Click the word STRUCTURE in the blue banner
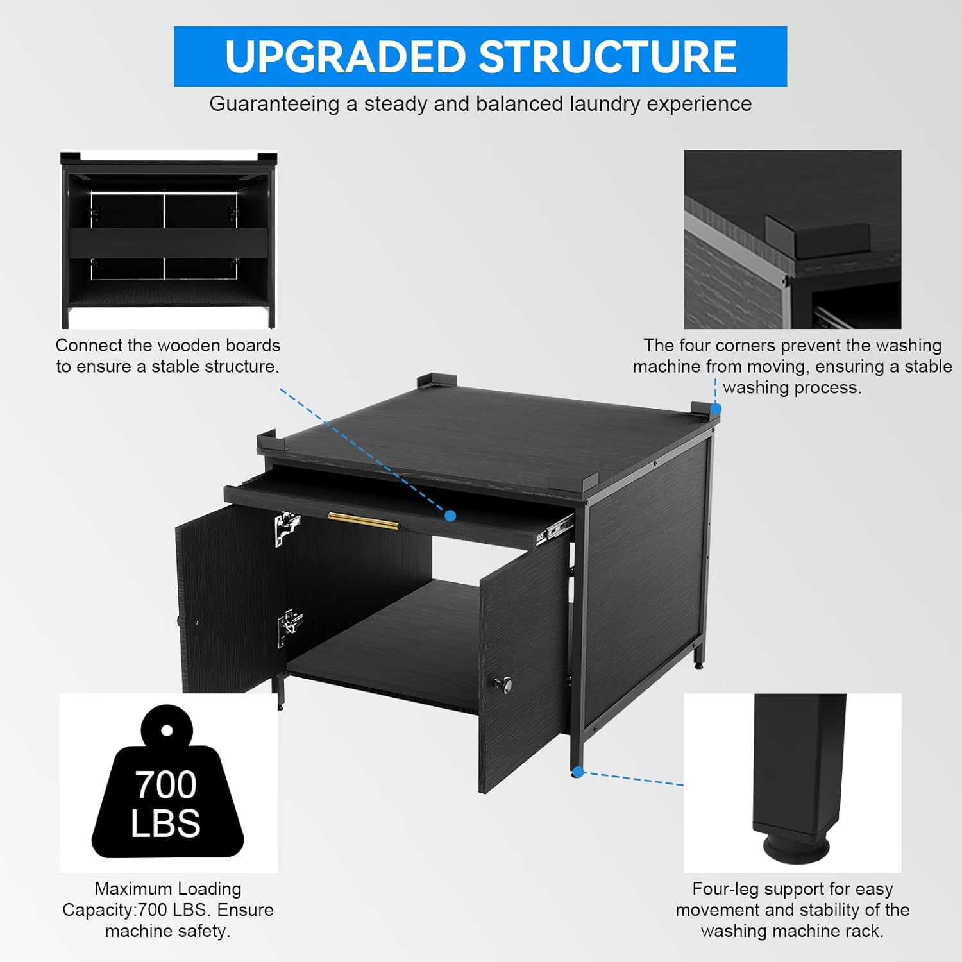(x=607, y=56)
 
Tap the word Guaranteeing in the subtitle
(x=274, y=104)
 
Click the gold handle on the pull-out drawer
(x=363, y=521)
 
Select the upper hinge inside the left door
(x=287, y=527)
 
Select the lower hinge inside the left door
(x=289, y=625)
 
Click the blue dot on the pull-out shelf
(x=450, y=515)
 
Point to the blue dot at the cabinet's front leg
(x=577, y=772)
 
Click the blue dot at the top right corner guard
(x=716, y=409)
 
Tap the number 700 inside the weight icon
(x=165, y=784)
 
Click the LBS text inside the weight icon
(x=165, y=823)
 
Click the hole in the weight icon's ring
(x=167, y=730)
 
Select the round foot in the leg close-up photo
(x=796, y=848)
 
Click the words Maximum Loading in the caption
(x=168, y=889)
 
